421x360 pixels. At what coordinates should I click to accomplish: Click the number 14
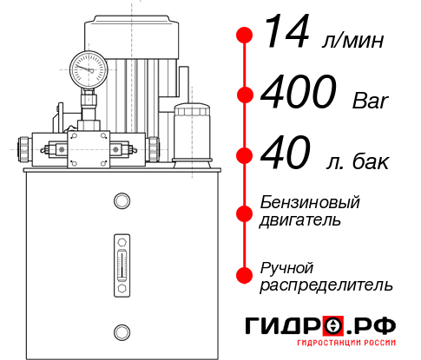click(286, 34)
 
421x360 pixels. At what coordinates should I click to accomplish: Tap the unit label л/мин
click(352, 41)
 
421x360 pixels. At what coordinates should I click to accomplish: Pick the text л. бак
click(358, 161)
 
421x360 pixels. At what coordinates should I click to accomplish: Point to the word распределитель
click(326, 285)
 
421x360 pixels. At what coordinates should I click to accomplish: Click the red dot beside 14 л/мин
click(246, 36)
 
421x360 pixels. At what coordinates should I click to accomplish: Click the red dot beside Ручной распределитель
click(246, 275)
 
